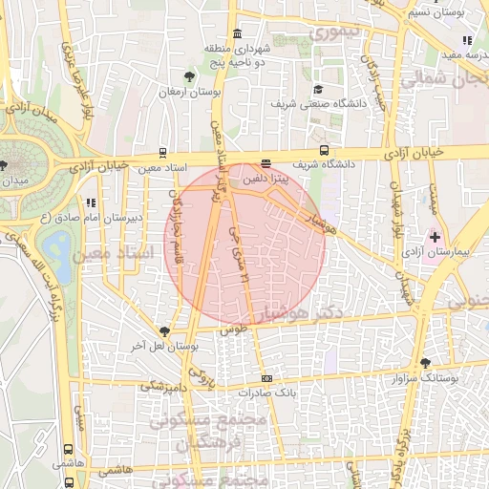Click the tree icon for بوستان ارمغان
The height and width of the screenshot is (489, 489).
point(191,76)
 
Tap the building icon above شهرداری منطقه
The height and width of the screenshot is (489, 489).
point(237,34)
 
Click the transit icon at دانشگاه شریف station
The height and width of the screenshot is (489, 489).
point(324,150)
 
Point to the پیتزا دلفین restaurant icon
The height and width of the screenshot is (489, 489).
point(266,163)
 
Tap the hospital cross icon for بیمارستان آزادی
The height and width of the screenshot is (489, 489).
point(436,236)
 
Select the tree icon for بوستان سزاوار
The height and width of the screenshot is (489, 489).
point(425,363)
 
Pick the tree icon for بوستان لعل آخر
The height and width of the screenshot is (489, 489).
point(165,331)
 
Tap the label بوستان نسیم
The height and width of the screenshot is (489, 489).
point(437,12)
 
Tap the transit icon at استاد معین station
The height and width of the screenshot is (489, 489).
point(162,153)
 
